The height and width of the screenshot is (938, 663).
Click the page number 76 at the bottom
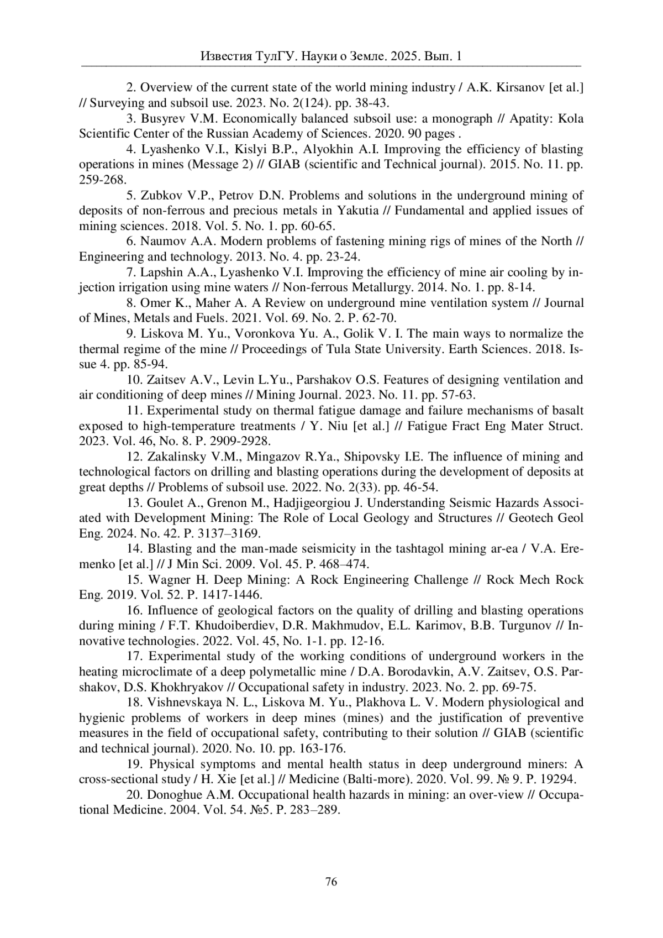pyautogui.click(x=331, y=882)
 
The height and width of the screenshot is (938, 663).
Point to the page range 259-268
pyautogui.click(x=103, y=180)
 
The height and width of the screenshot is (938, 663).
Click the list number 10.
pyautogui.click(x=134, y=380)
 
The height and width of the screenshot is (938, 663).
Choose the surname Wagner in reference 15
pyautogui.click(x=167, y=580)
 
